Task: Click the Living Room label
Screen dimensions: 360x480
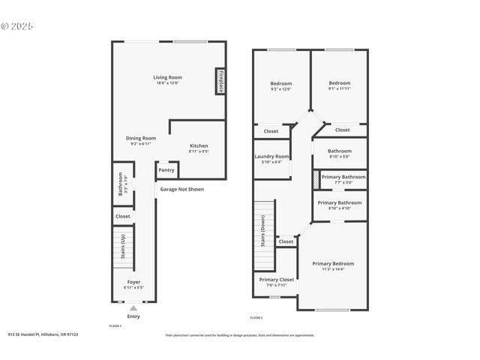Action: click(x=168, y=77)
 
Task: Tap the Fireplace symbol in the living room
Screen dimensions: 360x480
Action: click(x=220, y=82)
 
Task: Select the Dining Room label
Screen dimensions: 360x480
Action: click(x=140, y=138)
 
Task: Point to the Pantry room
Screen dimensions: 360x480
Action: click(x=166, y=170)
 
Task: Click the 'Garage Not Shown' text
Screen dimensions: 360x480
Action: click(x=181, y=189)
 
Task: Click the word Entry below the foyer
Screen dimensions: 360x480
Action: click(x=133, y=316)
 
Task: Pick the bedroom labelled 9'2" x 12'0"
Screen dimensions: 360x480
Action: click(x=280, y=83)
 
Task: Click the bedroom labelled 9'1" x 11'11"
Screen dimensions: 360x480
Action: click(x=339, y=83)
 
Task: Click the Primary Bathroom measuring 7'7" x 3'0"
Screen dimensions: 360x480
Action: click(x=343, y=177)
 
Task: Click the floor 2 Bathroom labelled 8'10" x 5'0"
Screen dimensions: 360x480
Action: click(x=339, y=151)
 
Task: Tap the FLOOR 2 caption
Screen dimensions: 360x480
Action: click(x=256, y=318)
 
